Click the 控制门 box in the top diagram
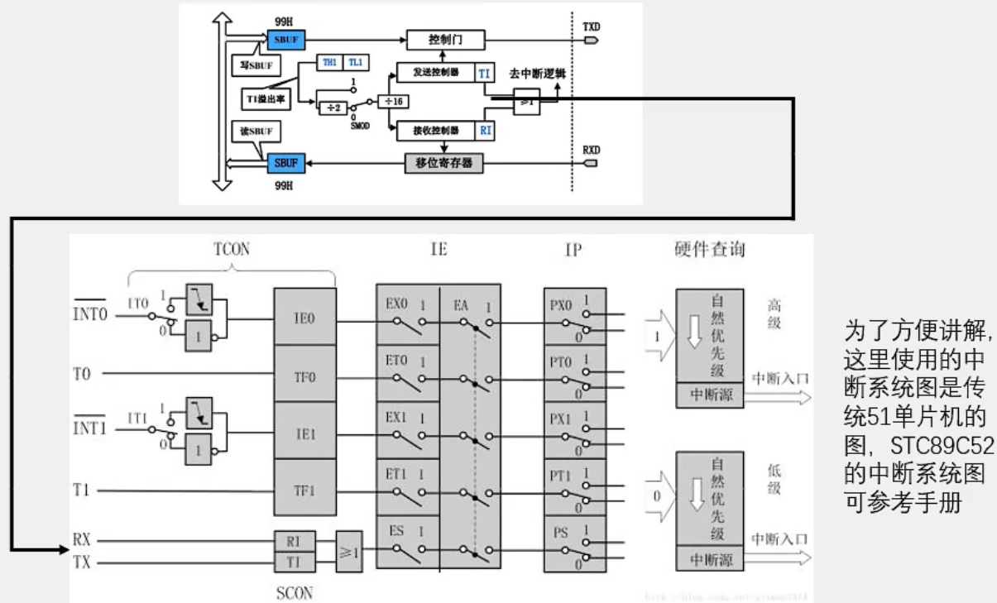pos(444,39)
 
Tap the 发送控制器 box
pos(436,73)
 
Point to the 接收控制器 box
pos(436,129)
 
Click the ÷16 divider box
pos(395,100)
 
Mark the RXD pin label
pos(591,151)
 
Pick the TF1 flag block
pos(305,490)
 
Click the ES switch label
pos(396,531)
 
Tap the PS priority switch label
pos(560,531)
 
